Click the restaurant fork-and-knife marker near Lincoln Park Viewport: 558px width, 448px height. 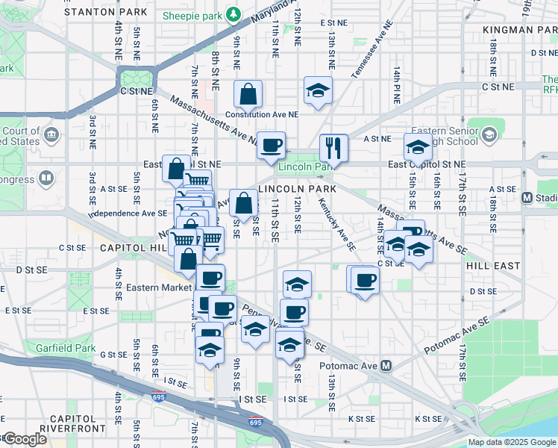click(x=333, y=147)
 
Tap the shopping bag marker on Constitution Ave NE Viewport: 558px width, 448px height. click(x=248, y=94)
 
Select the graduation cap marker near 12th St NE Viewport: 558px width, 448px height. click(x=319, y=91)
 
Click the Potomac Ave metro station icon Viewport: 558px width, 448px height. click(x=386, y=366)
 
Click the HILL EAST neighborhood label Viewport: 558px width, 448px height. click(x=493, y=265)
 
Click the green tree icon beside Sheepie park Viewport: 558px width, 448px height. click(x=233, y=13)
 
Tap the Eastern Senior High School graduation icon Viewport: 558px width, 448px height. click(x=489, y=134)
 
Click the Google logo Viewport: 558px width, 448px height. click(x=24, y=439)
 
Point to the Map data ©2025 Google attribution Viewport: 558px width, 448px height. click(x=512, y=442)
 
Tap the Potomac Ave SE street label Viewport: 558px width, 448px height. click(x=457, y=333)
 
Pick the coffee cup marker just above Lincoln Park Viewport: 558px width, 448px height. click(x=271, y=144)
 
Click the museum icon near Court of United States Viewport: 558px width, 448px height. click(x=51, y=135)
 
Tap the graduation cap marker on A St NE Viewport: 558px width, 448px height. click(x=418, y=146)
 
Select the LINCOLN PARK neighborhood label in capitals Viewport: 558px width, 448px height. click(x=297, y=189)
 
